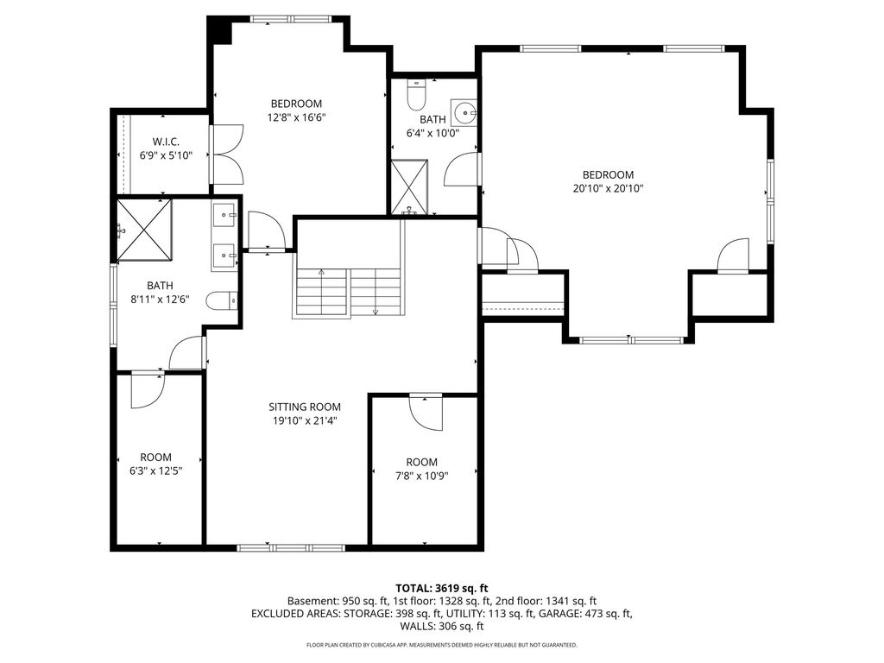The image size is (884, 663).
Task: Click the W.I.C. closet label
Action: pyautogui.click(x=166, y=142)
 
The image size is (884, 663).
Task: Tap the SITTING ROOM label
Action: pyautogui.click(x=305, y=407)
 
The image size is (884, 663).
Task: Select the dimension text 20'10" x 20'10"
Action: pyautogui.click(x=608, y=188)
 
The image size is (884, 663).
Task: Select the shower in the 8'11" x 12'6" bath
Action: pyautogui.click(x=144, y=230)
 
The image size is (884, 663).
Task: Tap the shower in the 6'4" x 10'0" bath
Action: pyautogui.click(x=410, y=187)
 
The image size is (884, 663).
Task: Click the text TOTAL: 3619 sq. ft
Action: pyautogui.click(x=442, y=589)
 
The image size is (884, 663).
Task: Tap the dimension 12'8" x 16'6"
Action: pyautogui.click(x=297, y=117)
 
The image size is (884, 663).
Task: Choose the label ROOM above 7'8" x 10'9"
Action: pyautogui.click(x=421, y=463)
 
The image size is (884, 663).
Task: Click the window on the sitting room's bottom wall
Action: pyautogui.click(x=291, y=547)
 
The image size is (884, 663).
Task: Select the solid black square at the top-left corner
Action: pyautogui.click(x=219, y=29)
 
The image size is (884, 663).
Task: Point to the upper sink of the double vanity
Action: pyautogui.click(x=225, y=215)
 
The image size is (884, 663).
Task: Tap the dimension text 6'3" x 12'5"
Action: pyautogui.click(x=156, y=470)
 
